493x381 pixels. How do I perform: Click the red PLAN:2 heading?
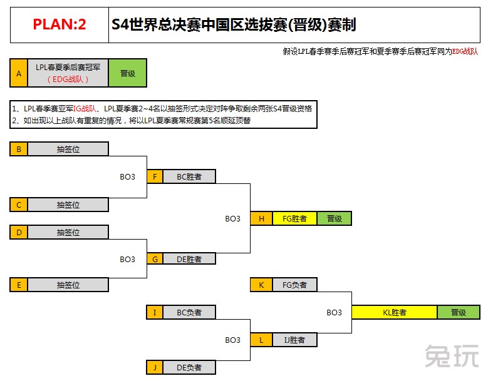(60, 24)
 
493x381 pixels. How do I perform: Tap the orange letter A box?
(19, 73)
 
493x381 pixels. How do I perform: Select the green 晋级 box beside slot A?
(128, 73)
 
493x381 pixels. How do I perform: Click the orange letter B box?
(19, 149)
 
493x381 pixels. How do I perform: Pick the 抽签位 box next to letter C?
(68, 205)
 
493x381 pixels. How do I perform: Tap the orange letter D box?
(19, 233)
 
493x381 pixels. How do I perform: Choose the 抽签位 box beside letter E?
(68, 285)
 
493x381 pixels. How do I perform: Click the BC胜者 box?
(189, 176)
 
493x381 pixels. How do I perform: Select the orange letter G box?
(155, 259)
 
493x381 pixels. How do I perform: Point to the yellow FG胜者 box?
(294, 218)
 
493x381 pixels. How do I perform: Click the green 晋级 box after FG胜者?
(335, 218)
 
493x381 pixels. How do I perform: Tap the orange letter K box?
(261, 285)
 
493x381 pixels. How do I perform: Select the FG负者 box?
(294, 285)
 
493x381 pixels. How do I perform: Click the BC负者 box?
(189, 312)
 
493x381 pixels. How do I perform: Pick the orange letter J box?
(155, 367)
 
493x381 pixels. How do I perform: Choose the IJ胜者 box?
(294, 340)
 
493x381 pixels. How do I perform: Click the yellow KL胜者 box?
(395, 312)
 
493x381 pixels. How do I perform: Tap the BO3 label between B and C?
(127, 177)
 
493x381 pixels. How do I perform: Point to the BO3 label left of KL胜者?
(334, 313)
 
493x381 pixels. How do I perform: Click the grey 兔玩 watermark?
(452, 355)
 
